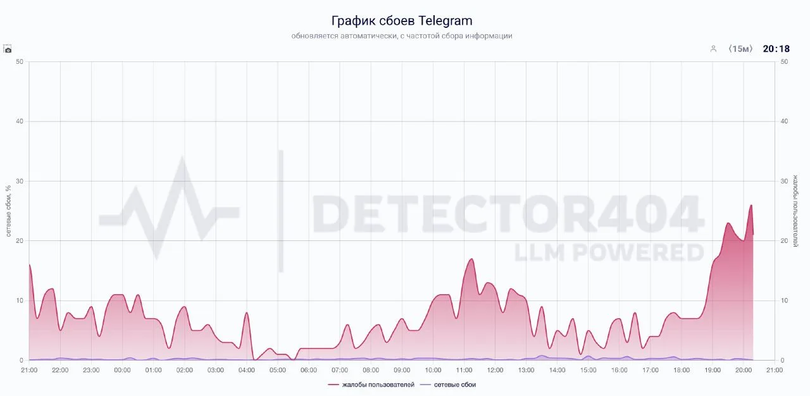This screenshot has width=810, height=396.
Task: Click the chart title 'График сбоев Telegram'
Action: click(402, 21)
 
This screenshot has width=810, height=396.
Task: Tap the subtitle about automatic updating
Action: click(402, 36)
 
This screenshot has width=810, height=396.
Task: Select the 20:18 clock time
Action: click(776, 49)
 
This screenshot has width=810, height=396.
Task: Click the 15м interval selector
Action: click(740, 49)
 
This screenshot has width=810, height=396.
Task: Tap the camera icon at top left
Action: click(8, 49)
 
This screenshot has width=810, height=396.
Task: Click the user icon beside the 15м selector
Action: click(713, 49)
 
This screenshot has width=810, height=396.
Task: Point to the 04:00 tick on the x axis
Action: click(247, 370)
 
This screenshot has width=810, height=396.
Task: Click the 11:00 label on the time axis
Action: click(464, 370)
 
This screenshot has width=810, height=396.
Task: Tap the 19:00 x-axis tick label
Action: click(713, 370)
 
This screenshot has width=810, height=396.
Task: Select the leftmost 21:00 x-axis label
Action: click(29, 370)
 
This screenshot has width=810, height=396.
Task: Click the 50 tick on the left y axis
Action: click(20, 61)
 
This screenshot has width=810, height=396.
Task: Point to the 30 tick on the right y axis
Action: click(785, 181)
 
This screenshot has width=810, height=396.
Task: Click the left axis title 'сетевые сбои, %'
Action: click(9, 211)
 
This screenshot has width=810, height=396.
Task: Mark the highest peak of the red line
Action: click(751, 205)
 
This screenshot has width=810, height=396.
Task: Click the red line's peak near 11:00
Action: click(471, 259)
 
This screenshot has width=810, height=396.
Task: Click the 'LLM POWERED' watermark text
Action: click(609, 252)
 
